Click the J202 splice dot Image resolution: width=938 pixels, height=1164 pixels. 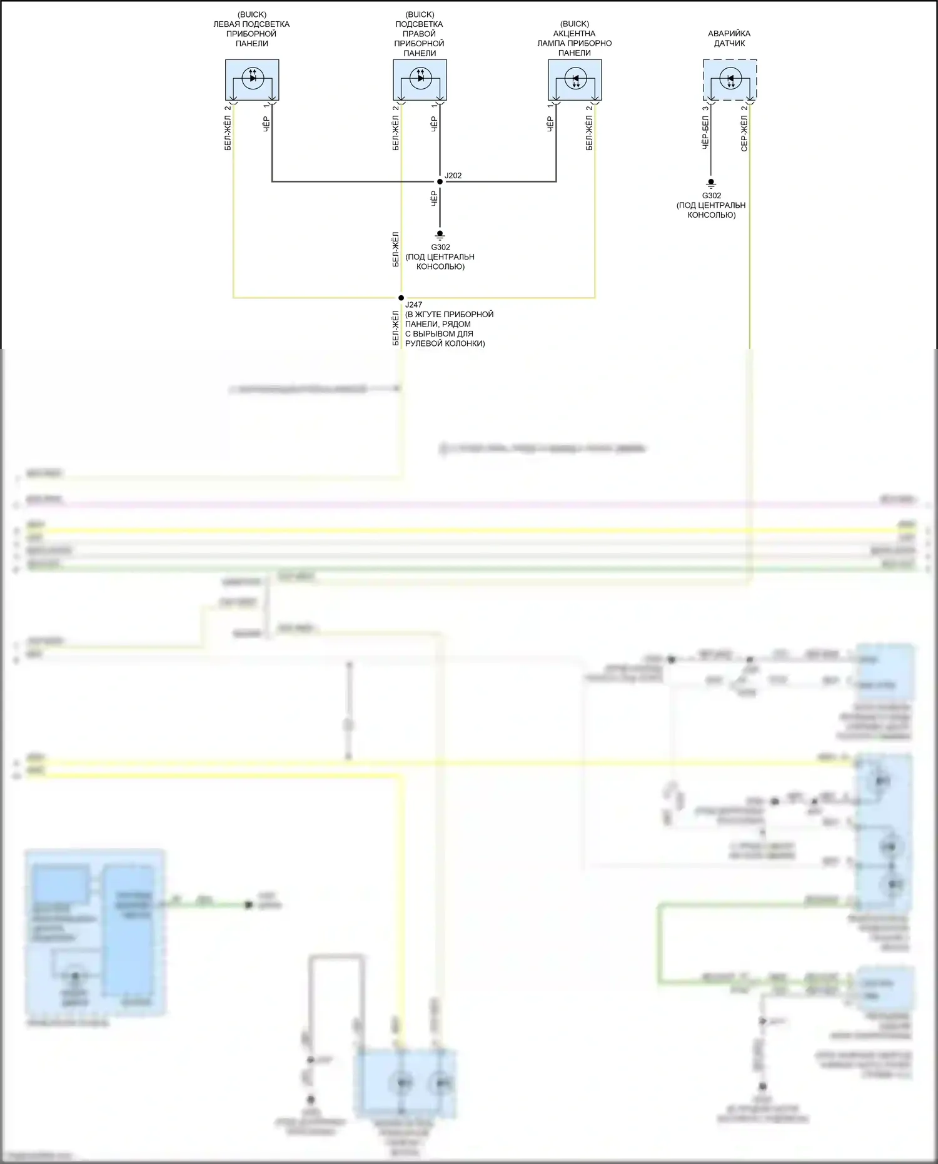coord(440,181)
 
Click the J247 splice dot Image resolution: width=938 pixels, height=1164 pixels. coord(401,298)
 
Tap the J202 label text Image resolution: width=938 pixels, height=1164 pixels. coord(453,176)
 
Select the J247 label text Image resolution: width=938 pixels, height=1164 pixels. coord(413,305)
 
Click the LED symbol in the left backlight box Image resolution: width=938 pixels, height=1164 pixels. coord(253,78)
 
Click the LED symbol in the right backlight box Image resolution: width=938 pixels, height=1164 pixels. coord(420,78)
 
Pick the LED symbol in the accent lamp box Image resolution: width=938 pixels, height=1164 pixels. coord(575,79)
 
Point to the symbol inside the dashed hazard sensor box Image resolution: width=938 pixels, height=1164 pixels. coord(730,79)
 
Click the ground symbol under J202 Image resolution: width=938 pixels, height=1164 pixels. coord(440,235)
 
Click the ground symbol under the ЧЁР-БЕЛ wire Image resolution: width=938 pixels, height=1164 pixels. coord(711,184)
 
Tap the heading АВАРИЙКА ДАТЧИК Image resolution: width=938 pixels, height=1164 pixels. coord(729,38)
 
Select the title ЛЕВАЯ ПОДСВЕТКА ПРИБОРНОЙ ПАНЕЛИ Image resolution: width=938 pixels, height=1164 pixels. coord(251,34)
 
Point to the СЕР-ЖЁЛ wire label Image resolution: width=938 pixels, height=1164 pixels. coord(744,134)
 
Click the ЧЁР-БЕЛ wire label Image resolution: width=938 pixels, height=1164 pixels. coord(705,132)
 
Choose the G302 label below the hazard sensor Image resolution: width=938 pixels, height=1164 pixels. coord(712,196)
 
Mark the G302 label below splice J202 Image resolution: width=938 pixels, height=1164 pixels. coord(440,247)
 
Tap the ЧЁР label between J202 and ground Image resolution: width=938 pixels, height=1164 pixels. coord(434,199)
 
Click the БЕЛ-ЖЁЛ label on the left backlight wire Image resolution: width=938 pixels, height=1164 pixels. coord(228,133)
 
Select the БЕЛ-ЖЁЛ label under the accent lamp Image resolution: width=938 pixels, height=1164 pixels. coord(589,133)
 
